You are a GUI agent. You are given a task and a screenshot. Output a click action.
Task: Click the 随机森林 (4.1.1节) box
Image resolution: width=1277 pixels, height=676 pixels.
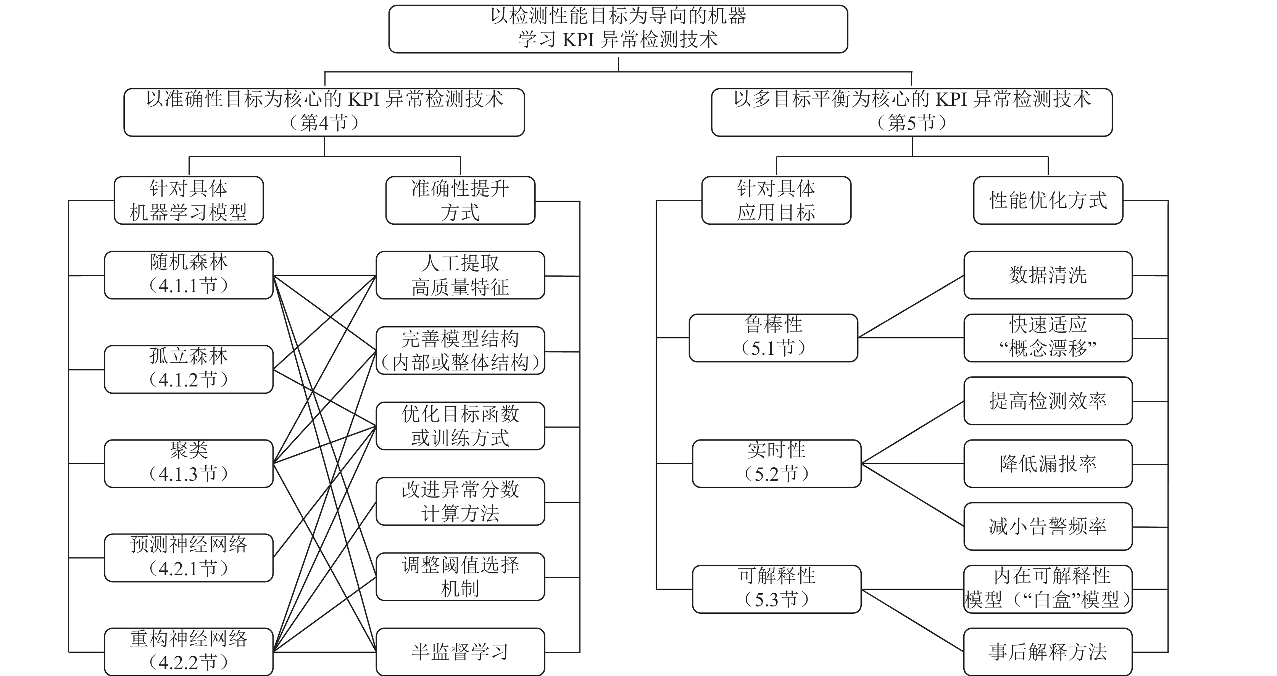pos(189,275)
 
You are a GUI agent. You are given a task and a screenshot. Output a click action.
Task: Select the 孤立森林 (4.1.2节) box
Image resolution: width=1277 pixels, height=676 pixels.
pos(189,369)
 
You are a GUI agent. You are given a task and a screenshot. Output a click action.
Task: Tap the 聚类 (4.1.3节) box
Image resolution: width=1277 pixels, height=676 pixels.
pos(189,464)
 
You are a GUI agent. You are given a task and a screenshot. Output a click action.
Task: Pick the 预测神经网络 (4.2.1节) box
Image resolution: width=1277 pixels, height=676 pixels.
pos(189,558)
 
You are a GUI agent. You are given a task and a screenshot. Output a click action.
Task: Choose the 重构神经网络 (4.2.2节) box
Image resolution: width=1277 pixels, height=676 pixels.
pos(189,651)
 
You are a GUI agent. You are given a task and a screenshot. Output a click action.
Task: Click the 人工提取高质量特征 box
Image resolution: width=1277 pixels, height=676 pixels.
pos(460,275)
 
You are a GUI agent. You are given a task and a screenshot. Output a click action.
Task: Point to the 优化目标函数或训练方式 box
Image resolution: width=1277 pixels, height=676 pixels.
pos(460,426)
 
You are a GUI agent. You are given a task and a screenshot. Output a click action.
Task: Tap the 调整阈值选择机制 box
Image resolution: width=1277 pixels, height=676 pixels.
pos(460,576)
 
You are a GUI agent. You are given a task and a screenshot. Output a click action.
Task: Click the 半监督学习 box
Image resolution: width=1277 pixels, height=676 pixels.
pos(460,651)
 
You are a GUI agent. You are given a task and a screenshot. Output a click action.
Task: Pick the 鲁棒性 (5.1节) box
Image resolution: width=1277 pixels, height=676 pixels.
pos(773,338)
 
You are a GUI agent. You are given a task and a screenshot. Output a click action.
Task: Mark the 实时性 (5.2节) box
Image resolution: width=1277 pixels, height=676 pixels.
pos(776,464)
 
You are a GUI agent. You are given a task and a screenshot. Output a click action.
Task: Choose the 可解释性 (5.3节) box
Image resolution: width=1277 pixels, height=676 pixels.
pos(776,589)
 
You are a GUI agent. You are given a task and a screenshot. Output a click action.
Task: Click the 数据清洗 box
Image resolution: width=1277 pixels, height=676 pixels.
pos(1048,275)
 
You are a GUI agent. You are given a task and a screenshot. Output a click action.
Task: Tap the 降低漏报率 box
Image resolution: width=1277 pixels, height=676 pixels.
pos(1048,464)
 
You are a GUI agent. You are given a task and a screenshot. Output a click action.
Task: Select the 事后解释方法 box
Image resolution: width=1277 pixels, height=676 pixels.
pos(1048,651)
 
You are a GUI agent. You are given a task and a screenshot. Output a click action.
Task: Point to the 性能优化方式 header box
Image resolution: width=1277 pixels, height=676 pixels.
pos(1048,200)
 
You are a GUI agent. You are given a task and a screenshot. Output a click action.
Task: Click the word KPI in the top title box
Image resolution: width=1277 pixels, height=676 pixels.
pos(580,40)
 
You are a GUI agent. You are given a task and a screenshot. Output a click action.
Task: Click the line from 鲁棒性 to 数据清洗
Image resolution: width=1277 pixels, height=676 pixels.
pos(911,307)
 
